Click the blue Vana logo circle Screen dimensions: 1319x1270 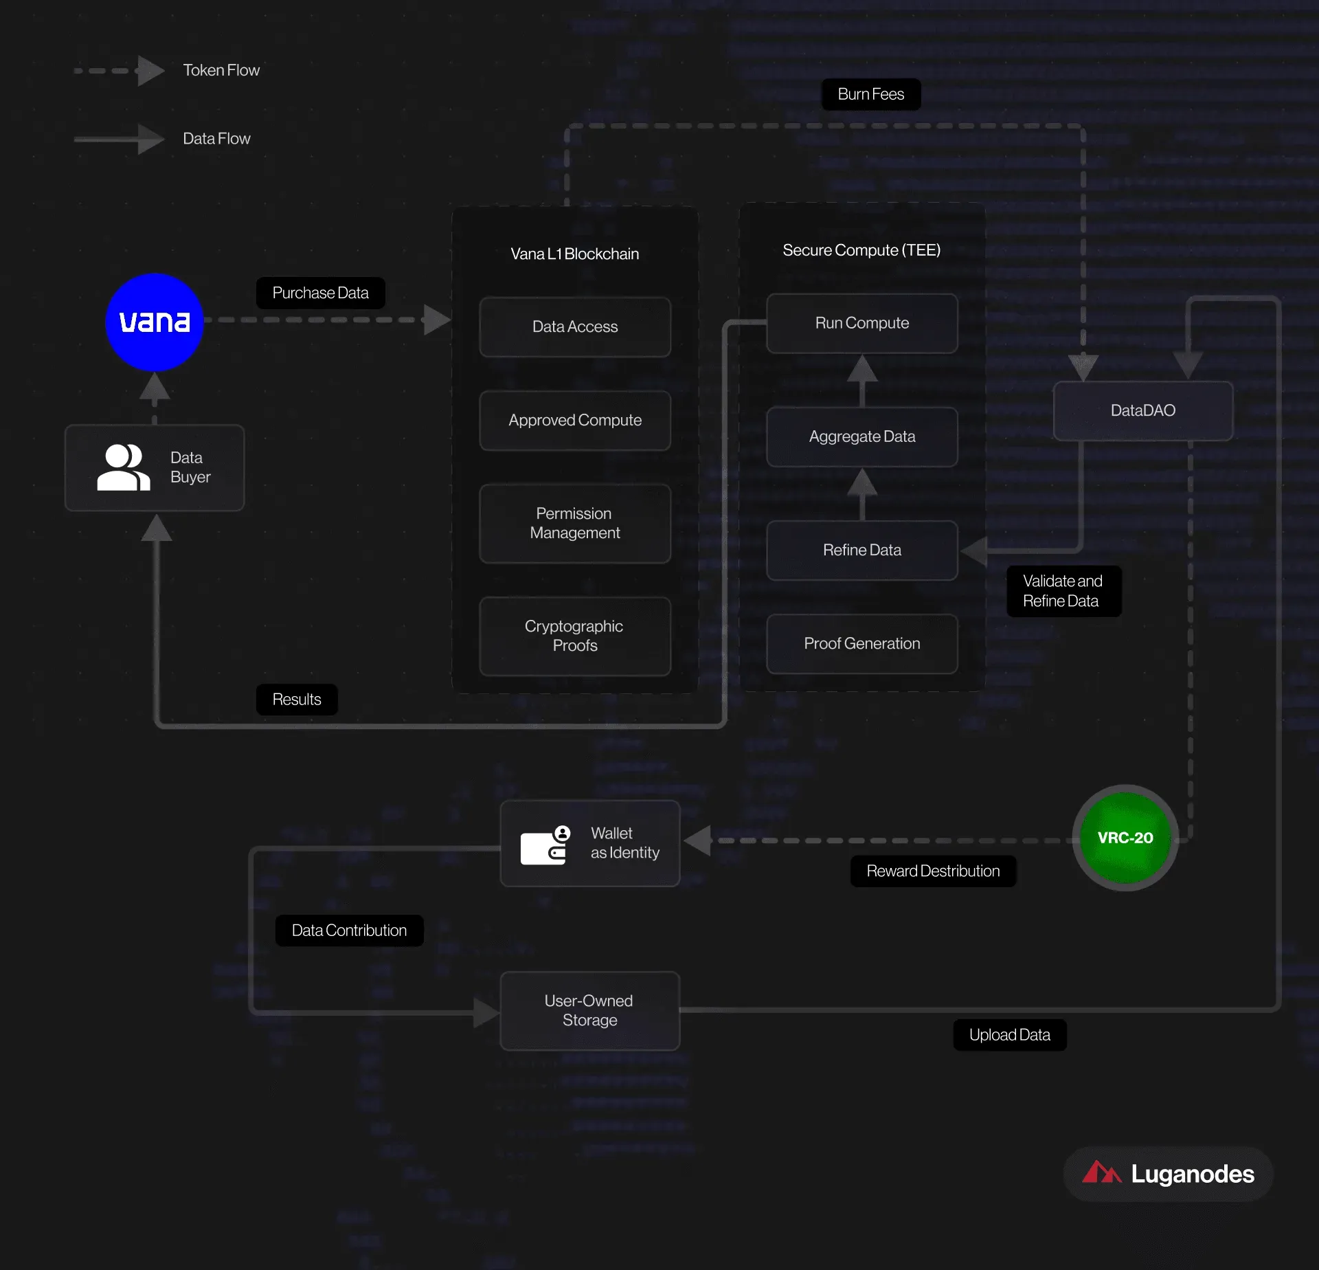click(x=155, y=322)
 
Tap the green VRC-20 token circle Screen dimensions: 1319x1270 click(x=1125, y=838)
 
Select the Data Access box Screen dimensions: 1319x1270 click(x=575, y=327)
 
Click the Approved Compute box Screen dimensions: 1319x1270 click(x=575, y=421)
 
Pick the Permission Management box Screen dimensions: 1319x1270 click(x=575, y=524)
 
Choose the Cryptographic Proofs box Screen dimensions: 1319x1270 click(x=575, y=636)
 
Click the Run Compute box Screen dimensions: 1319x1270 click(x=862, y=324)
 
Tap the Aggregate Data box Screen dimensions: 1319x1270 click(x=862, y=437)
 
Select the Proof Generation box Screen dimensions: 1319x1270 click(x=862, y=644)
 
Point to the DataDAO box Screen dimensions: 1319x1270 click(x=1143, y=411)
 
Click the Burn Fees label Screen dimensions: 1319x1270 click(x=871, y=94)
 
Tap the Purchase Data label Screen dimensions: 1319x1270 click(x=321, y=293)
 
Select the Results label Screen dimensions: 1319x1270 click(x=297, y=700)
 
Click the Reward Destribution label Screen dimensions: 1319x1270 click(x=933, y=871)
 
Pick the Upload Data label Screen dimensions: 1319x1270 click(x=1010, y=1035)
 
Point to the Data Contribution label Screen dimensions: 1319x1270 click(x=349, y=931)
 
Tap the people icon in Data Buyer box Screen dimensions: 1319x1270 click(x=124, y=467)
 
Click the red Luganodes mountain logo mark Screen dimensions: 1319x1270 click(x=1101, y=1172)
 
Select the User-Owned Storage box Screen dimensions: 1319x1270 click(x=590, y=1011)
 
